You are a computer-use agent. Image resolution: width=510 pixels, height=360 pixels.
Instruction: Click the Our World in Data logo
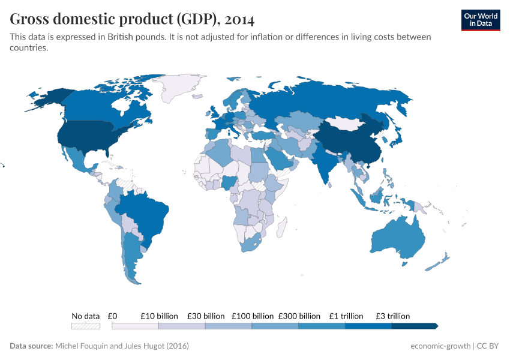pos(480,20)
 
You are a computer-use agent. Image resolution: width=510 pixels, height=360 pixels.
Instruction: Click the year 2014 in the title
pos(240,20)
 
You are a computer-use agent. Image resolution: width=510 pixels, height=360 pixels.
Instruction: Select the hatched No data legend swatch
pos(85,326)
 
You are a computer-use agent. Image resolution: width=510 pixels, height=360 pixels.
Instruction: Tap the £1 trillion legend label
pos(346,316)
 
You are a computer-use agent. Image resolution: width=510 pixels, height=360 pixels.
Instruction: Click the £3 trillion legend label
pos(392,316)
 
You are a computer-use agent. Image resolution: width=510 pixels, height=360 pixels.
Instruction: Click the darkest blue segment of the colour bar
pos(414,326)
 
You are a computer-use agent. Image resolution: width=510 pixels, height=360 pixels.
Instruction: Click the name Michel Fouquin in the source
pos(83,346)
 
